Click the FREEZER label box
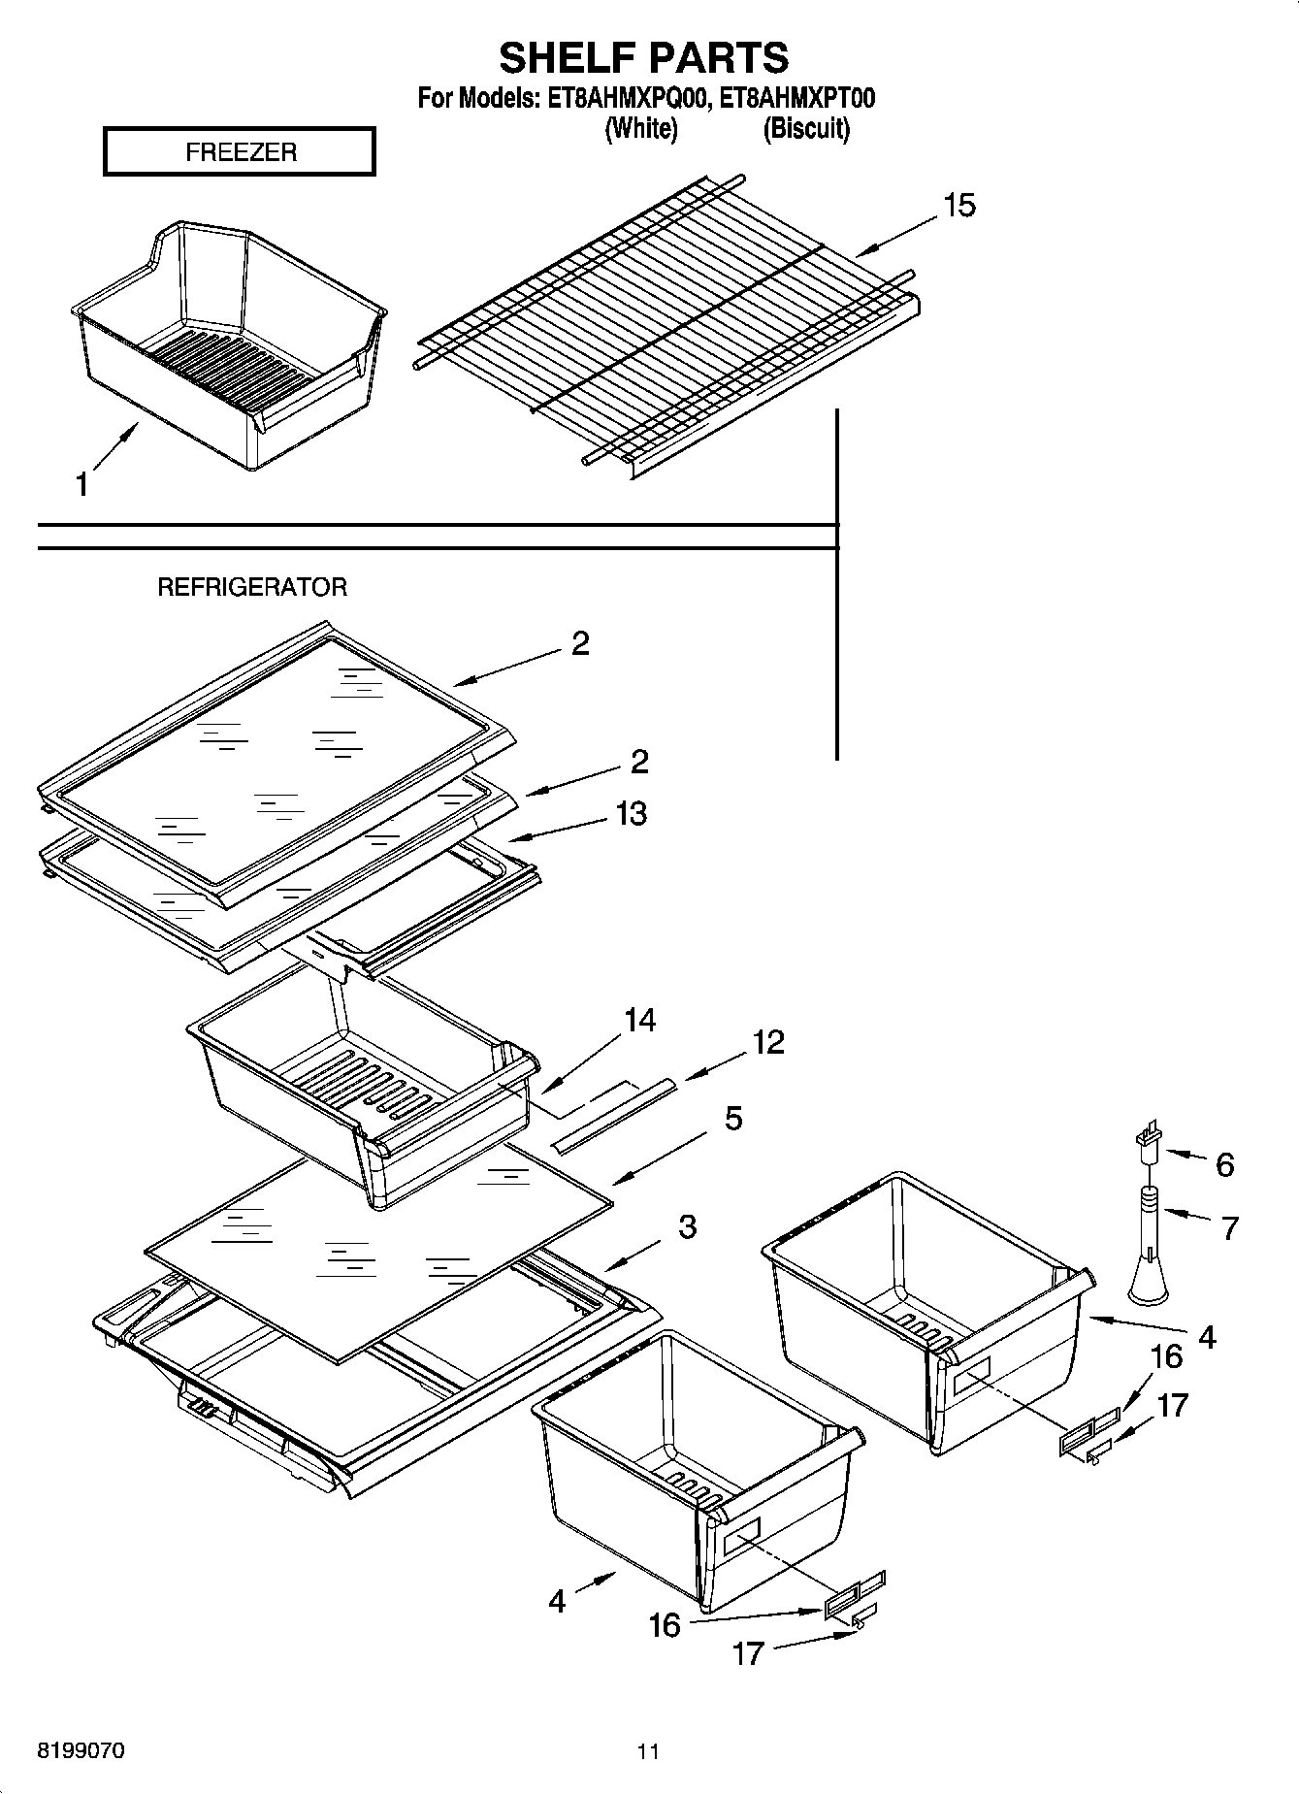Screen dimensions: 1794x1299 (x=240, y=152)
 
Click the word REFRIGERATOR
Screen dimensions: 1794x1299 (x=252, y=587)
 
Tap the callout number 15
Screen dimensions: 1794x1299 (x=958, y=206)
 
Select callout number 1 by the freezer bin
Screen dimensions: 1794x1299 (x=82, y=484)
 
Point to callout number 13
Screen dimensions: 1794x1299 (x=631, y=813)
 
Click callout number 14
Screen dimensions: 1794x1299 (x=639, y=1020)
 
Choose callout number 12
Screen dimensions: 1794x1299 (x=767, y=1042)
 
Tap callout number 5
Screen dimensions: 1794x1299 (x=733, y=1119)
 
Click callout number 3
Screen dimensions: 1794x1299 (x=687, y=1226)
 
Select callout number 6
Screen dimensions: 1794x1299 (x=1224, y=1165)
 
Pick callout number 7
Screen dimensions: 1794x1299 (x=1229, y=1228)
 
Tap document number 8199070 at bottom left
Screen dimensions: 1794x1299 (x=81, y=1750)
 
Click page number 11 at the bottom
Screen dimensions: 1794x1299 (x=648, y=1751)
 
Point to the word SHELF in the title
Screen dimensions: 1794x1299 (x=565, y=58)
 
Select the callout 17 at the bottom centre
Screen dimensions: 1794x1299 (x=748, y=1653)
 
